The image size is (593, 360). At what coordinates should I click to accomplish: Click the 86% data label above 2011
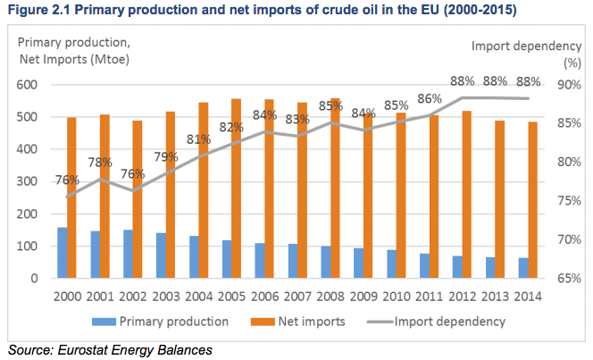[x=430, y=99]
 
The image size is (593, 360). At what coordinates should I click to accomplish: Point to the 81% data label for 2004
[x=199, y=138]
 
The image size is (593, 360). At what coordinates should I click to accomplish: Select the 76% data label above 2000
[x=66, y=179]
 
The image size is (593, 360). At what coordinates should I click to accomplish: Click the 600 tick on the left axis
[x=37, y=85]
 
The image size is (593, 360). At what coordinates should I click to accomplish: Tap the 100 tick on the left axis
[x=37, y=247]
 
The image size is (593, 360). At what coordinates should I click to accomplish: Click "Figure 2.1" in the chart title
[x=36, y=9]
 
